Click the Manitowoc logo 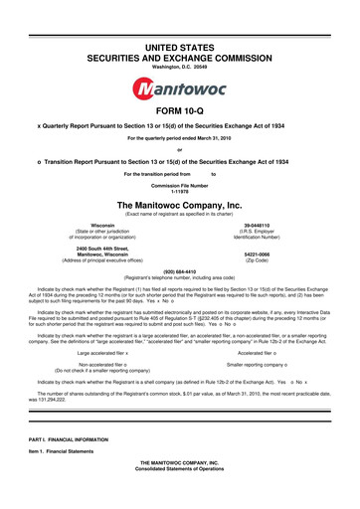(x=179, y=65)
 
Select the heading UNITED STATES (x=179, y=19)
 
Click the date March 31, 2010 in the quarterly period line (x=218, y=137)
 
